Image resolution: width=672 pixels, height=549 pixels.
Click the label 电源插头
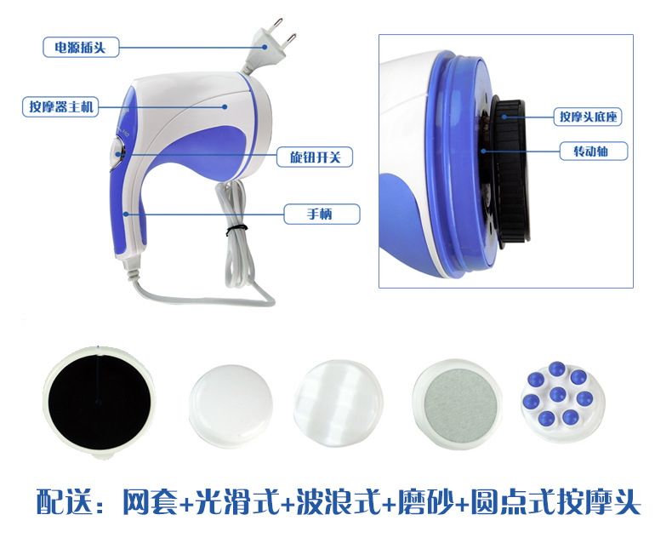click(81, 47)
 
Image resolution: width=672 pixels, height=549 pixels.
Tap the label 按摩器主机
click(60, 106)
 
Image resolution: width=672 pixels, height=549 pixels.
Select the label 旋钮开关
click(315, 157)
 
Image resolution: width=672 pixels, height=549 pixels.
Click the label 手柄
click(322, 214)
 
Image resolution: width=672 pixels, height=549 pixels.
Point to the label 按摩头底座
click(588, 117)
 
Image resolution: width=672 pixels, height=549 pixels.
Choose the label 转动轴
click(594, 151)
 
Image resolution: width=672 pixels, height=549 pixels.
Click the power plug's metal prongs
click(285, 30)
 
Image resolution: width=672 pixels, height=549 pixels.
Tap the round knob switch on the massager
click(117, 152)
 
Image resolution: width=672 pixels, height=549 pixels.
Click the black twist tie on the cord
click(236, 230)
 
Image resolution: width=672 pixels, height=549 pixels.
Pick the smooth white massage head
click(231, 405)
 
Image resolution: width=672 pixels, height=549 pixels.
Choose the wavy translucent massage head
click(339, 403)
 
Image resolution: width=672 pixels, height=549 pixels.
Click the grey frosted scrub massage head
click(457, 404)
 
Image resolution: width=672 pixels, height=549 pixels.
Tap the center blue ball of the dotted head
click(557, 394)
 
